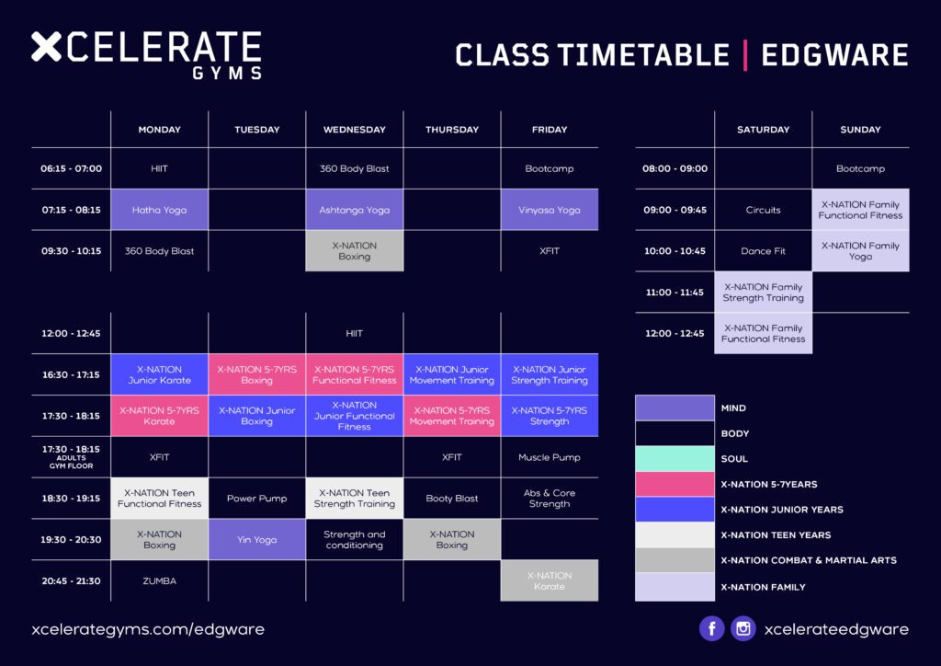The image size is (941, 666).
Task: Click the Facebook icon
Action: coord(712,629)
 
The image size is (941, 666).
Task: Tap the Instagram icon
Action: coord(743,629)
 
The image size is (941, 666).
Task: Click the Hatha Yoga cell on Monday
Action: coord(160,210)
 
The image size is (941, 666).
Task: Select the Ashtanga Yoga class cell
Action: coord(354,210)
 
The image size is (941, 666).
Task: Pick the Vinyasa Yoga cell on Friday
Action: coord(550,210)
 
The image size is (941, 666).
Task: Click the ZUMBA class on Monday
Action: coord(160,580)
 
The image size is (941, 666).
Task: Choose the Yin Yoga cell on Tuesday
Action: coord(257,539)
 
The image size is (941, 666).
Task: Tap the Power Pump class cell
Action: coord(257,499)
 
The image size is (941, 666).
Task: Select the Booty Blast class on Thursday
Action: coord(452,499)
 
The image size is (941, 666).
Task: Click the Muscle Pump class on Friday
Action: coord(550,457)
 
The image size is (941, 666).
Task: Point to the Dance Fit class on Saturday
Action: coord(764,251)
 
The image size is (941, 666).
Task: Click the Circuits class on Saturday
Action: coord(764,210)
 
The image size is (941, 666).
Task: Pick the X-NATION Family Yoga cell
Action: coord(860,251)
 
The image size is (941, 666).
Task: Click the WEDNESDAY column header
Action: coord(354,129)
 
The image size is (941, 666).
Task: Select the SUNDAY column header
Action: coord(860,129)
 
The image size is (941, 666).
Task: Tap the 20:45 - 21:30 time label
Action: coord(71,580)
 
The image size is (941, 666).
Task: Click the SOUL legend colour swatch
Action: coord(675,459)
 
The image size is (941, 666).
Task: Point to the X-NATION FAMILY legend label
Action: coord(764,587)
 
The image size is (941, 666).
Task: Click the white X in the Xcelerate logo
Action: coord(46,47)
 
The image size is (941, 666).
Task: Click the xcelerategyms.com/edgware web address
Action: coord(148,629)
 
